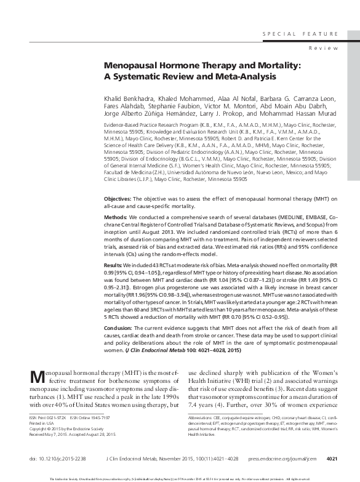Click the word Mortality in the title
pos(255,63)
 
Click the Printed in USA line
pos(44,422)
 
